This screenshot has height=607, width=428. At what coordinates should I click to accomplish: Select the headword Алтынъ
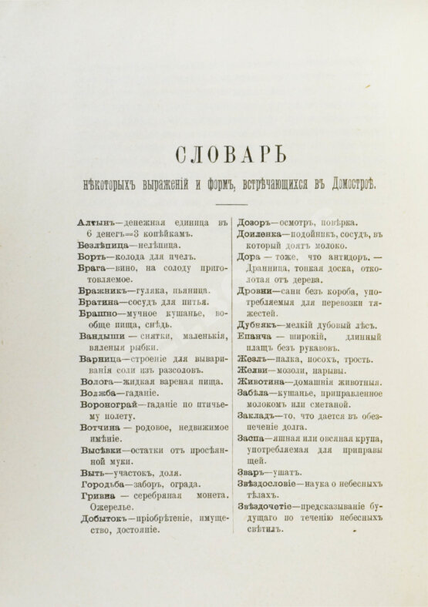(x=97, y=223)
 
